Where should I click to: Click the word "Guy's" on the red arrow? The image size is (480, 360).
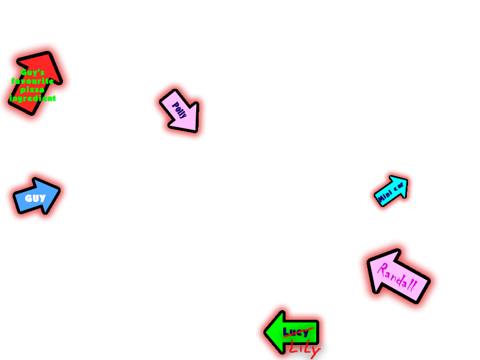[x=32, y=72]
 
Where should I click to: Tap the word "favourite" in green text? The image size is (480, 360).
[x=32, y=80]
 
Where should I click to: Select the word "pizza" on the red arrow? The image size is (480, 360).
[x=32, y=89]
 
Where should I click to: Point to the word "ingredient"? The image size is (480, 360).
[x=32, y=98]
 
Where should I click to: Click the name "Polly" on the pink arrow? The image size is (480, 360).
[x=179, y=110]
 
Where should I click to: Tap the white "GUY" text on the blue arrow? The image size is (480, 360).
[x=35, y=198]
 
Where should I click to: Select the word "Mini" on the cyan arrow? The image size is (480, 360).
[x=385, y=194]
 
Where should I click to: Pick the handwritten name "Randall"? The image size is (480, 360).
[x=397, y=277]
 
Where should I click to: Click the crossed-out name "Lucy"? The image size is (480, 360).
[x=295, y=332]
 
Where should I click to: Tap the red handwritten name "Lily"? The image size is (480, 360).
[x=304, y=347]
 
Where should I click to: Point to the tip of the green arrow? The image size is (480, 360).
[x=266, y=331]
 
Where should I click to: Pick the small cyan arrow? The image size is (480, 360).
[x=391, y=191]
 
